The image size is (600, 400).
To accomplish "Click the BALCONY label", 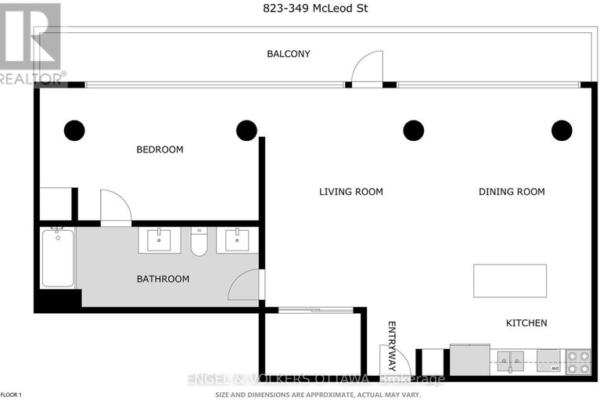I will pos(289,54).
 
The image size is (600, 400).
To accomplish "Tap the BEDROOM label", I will pos(160,150).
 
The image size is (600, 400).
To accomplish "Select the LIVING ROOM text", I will pos(350,192).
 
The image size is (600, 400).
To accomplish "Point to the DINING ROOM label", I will pos(512,192).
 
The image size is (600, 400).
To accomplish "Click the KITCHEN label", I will pos(526,323).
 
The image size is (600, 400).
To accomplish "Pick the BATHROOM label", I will pos(163,279).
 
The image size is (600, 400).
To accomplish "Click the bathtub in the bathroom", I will pos(57,258).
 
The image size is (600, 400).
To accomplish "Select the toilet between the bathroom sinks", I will pos(199,242).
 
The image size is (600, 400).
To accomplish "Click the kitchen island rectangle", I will pos(509,280).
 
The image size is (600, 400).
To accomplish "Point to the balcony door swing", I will pos(367,67).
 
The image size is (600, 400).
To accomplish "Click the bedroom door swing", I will pos(116,207).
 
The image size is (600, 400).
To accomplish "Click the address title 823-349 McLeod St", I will pos(300,9).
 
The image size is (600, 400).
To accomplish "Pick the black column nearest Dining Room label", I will pos(562,131).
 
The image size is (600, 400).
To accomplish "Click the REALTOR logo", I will pos(31,43).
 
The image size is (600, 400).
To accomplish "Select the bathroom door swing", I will pos(246,285).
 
